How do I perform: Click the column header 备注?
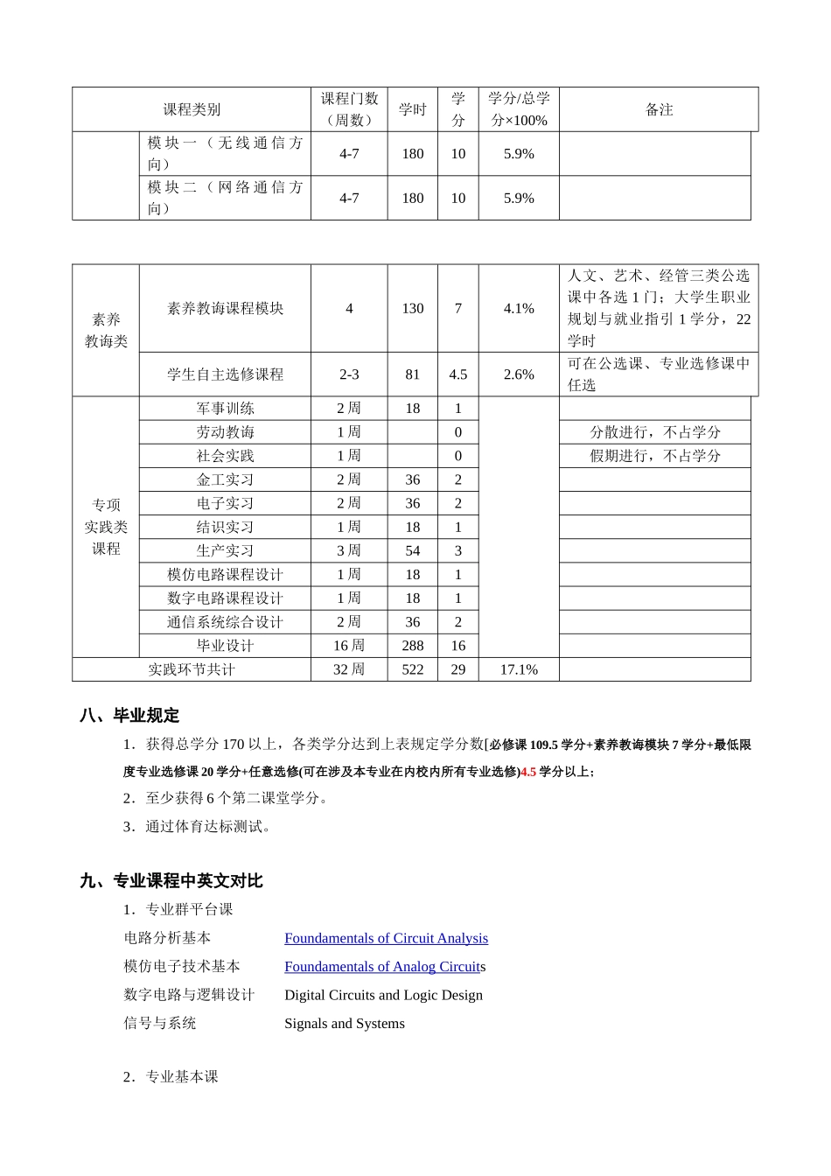pos(659,109)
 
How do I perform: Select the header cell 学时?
pos(412,109)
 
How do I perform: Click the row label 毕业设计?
pos(225,646)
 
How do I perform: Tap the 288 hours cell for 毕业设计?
pos(412,646)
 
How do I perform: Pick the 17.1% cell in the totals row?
pos(519,669)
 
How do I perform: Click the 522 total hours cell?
pos(412,669)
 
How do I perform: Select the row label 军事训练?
pos(225,409)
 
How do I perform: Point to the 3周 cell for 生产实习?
pos(349,550)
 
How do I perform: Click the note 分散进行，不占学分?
pos(655,432)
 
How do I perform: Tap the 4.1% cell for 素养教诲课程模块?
pos(519,309)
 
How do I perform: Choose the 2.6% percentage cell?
pos(519,374)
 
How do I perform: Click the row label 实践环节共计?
pos(192,669)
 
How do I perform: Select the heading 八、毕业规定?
pos(129,716)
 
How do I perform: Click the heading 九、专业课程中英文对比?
pos(171,881)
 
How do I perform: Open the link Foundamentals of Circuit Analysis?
pos(386,938)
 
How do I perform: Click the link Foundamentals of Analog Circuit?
pos(382,967)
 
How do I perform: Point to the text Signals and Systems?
pos(345,1024)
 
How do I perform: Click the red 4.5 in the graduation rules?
pos(528,772)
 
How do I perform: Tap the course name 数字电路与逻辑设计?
pos(189,995)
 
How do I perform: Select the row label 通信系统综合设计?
pos(225,622)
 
